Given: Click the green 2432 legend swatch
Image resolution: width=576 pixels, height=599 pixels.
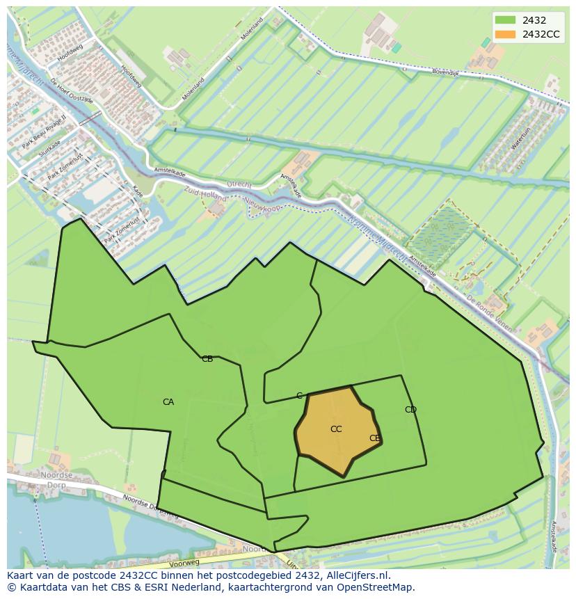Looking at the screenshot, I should [505, 20].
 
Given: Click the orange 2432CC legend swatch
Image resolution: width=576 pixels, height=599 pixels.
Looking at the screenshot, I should [505, 34].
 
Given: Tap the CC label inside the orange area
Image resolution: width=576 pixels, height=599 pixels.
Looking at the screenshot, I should [336, 429].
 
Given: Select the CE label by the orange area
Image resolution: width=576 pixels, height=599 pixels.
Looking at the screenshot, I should [375, 438].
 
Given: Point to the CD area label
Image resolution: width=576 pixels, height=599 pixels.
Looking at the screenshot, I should [410, 410].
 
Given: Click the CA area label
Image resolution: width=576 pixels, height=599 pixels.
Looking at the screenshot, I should [168, 402].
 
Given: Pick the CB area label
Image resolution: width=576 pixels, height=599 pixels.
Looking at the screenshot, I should [207, 359].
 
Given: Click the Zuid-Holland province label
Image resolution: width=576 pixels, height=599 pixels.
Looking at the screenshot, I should [205, 193].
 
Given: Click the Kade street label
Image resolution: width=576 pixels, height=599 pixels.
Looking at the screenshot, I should [138, 191].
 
